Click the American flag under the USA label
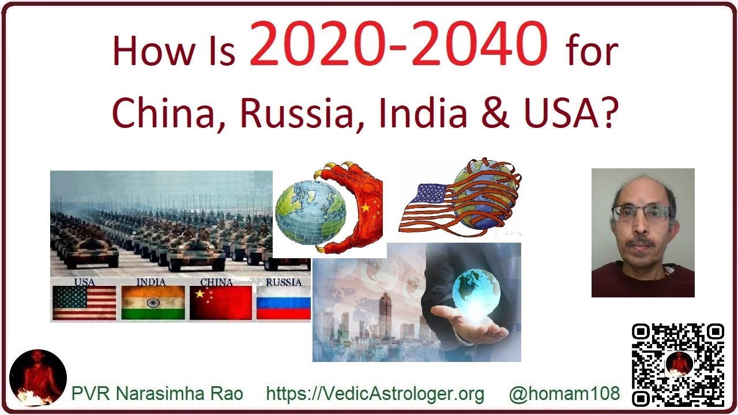[x=84, y=303]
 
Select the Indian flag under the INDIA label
[x=153, y=303]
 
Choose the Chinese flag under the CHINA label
[x=221, y=303]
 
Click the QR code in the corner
[x=677, y=364]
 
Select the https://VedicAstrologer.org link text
[x=375, y=394]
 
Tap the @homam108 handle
[x=564, y=394]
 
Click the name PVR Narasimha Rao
[x=157, y=394]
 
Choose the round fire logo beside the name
[x=38, y=378]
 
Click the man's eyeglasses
[x=643, y=213]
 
